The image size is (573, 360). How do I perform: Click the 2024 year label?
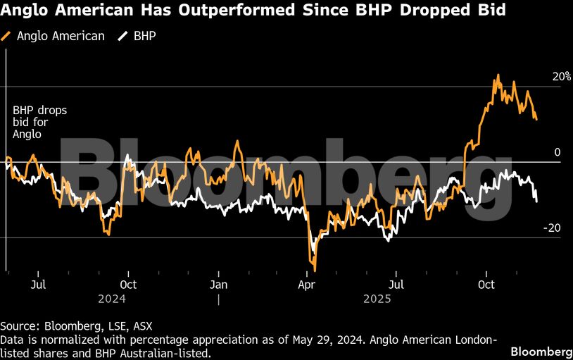click(x=112, y=299)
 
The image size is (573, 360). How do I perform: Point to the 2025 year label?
click(x=377, y=299)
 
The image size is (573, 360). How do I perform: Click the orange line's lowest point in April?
click(x=315, y=270)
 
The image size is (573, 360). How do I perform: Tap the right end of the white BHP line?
click(x=536, y=201)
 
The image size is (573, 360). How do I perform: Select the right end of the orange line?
click(x=536, y=119)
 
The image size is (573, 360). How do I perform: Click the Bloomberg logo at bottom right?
click(x=541, y=352)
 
